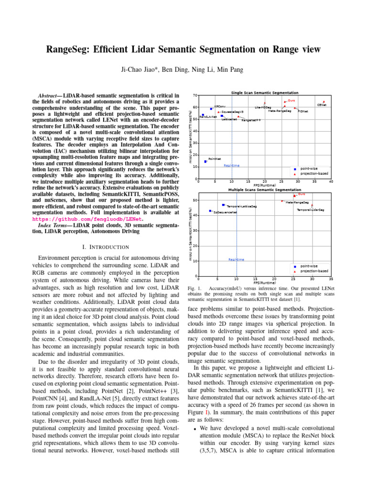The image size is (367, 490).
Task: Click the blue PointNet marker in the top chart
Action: coord(205,162)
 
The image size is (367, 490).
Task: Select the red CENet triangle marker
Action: coord(324,101)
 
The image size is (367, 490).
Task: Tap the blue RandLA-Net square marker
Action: coord(203,115)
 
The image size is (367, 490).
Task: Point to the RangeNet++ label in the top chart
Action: coord(251,121)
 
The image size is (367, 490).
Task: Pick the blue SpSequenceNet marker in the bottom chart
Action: coord(210,211)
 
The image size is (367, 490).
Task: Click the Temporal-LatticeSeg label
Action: coord(241,206)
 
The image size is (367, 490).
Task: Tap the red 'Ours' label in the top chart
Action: coord(291,101)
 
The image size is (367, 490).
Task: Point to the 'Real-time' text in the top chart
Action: coord(232,166)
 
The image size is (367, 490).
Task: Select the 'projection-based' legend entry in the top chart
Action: coord(314,174)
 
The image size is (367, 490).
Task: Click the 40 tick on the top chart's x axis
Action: coord(331,182)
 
